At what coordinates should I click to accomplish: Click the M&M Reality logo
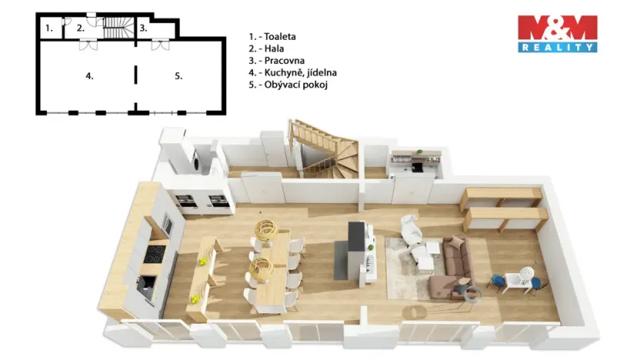557,33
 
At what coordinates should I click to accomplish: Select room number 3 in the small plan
143,28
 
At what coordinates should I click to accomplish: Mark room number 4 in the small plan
89,75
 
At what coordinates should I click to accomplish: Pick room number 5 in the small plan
178,75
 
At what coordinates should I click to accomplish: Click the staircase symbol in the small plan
116,29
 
